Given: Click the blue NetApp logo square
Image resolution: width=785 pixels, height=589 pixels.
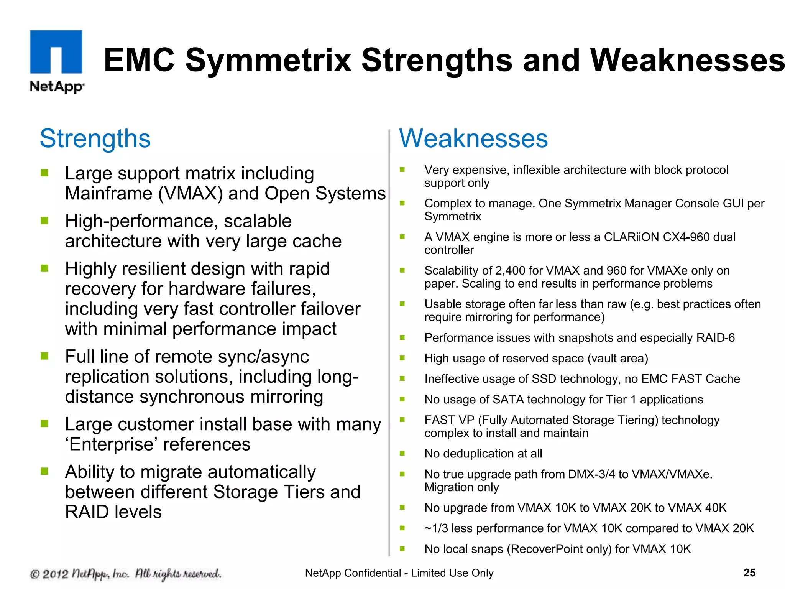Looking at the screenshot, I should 56,51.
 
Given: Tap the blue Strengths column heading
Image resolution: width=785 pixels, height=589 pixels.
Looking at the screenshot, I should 95,138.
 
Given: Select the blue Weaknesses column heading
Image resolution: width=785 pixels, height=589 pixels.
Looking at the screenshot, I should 473,138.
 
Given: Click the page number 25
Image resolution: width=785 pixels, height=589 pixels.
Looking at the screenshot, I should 749,573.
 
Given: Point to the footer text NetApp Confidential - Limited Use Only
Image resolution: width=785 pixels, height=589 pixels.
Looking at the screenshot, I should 399,573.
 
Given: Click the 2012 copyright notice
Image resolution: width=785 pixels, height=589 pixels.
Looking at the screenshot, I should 125,574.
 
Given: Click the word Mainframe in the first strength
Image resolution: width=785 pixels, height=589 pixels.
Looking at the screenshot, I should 108,193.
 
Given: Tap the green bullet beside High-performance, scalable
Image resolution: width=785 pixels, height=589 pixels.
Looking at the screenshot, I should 45,220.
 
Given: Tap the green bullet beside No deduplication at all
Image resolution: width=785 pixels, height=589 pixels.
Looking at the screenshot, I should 402,453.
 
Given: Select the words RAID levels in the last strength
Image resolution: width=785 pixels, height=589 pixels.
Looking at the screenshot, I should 113,512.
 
